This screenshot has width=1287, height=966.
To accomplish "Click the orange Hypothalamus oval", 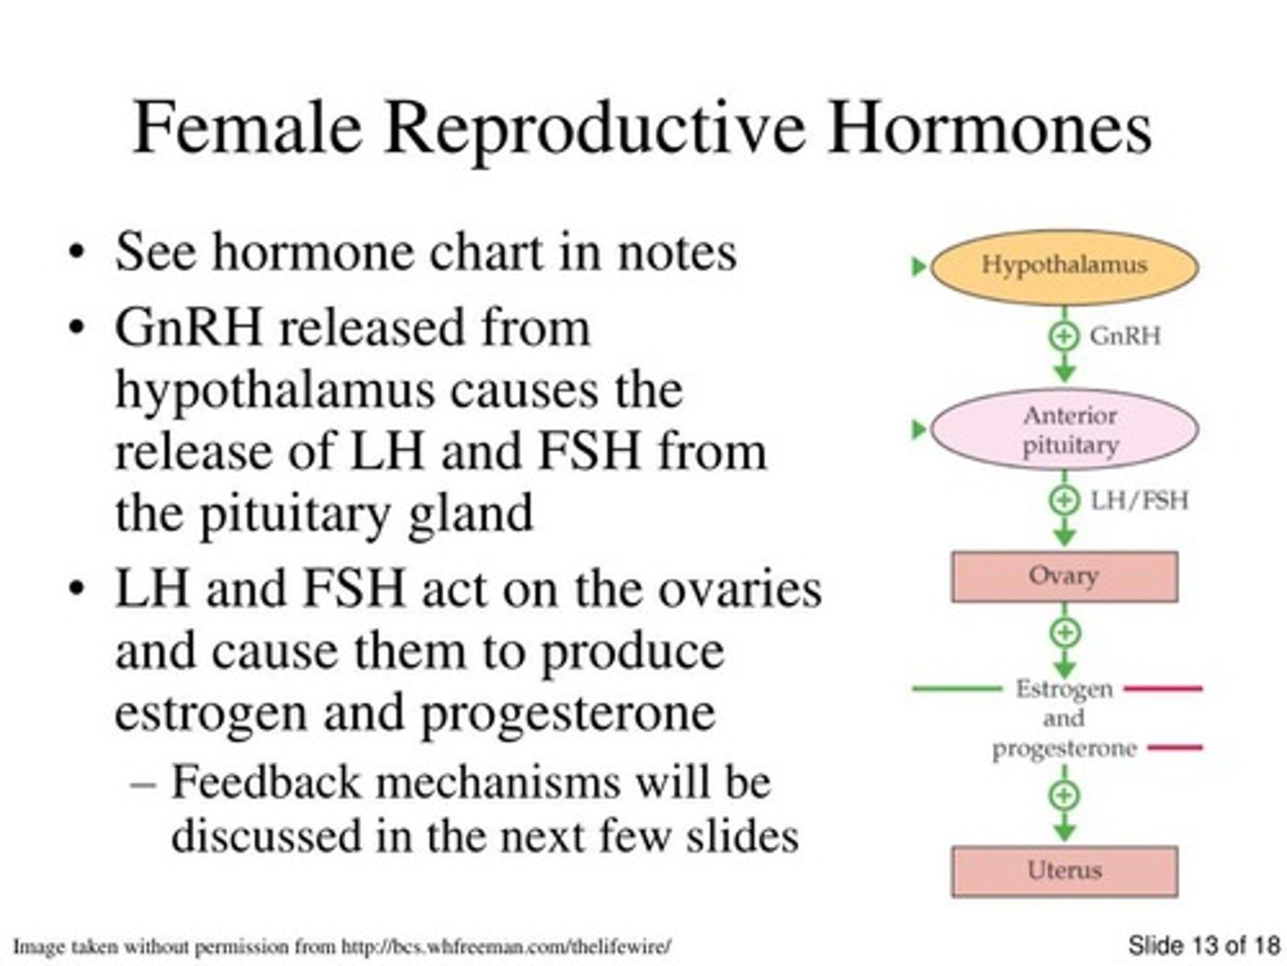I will pyautogui.click(x=1064, y=266).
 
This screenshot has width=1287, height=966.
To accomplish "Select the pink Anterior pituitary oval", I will pyautogui.click(x=1064, y=429).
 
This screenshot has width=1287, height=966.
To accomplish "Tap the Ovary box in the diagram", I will pyautogui.click(x=1064, y=576).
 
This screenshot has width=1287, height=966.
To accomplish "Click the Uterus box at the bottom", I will pyautogui.click(x=1064, y=870).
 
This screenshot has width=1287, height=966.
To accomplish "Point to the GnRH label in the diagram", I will pyautogui.click(x=1125, y=336).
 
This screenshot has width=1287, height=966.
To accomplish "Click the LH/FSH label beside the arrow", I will pyautogui.click(x=1140, y=499).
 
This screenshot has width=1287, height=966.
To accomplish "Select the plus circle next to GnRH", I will pyautogui.click(x=1064, y=336).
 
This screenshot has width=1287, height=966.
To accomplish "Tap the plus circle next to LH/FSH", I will pyautogui.click(x=1064, y=499).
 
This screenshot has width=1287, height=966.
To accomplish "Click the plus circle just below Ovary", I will pyautogui.click(x=1064, y=633).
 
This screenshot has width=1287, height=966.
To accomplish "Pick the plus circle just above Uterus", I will pyautogui.click(x=1064, y=795).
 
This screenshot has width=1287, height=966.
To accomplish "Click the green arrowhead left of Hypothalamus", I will pyautogui.click(x=918, y=267).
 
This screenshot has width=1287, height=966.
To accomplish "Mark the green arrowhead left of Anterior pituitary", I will pyautogui.click(x=918, y=430).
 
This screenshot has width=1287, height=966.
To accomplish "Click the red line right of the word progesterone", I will pyautogui.click(x=1174, y=747).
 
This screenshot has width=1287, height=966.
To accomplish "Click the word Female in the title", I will pyautogui.click(x=247, y=127).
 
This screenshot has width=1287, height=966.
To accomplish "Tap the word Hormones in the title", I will pyautogui.click(x=989, y=127).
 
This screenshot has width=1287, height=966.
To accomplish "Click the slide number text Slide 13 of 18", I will pyautogui.click(x=1203, y=945).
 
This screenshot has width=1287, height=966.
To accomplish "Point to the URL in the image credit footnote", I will pyautogui.click(x=506, y=946).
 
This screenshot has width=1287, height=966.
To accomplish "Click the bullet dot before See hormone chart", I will pyautogui.click(x=78, y=253).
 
